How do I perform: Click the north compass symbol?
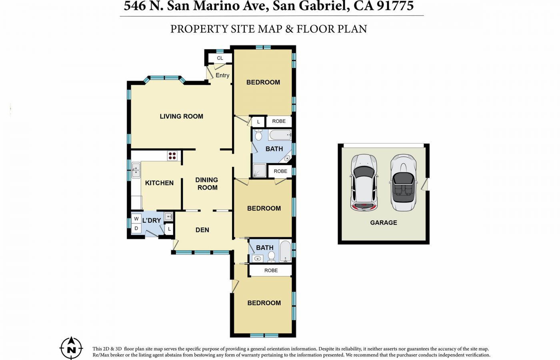pos(71,348)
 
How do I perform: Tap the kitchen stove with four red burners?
pos(172,156)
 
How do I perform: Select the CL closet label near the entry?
pos(220,58)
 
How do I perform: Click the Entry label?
pos(222,75)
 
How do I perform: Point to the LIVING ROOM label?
pos(182,116)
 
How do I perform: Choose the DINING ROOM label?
pos(207,184)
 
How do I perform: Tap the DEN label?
pos(202,230)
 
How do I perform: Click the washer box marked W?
pos(136,219)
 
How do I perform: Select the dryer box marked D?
pos(136,228)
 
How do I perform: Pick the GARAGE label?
pos(384,222)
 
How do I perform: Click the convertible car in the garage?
pos(403,182)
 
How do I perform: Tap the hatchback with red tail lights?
pos(364,182)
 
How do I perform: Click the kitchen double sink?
pos(136,170)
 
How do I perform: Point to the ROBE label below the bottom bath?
pos(271,270)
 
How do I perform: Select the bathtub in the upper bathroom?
pos(280,135)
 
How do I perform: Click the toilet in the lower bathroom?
pos(271,256)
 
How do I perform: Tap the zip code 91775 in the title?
pos(395,6)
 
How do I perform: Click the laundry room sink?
pos(168,216)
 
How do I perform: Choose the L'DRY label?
pos(152,220)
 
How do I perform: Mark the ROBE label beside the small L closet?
pos(279,121)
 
